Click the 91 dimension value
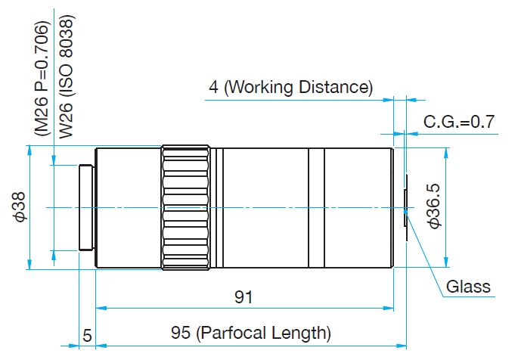pyautogui.click(x=243, y=297)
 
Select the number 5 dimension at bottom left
pyautogui.click(x=87, y=333)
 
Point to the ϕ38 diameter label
pyautogui.click(x=20, y=206)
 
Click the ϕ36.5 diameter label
pyautogui.click(x=434, y=206)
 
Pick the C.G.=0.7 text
pyautogui.click(x=458, y=121)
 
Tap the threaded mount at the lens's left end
pyautogui.click(x=87, y=207)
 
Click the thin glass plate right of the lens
pyautogui.click(x=406, y=207)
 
